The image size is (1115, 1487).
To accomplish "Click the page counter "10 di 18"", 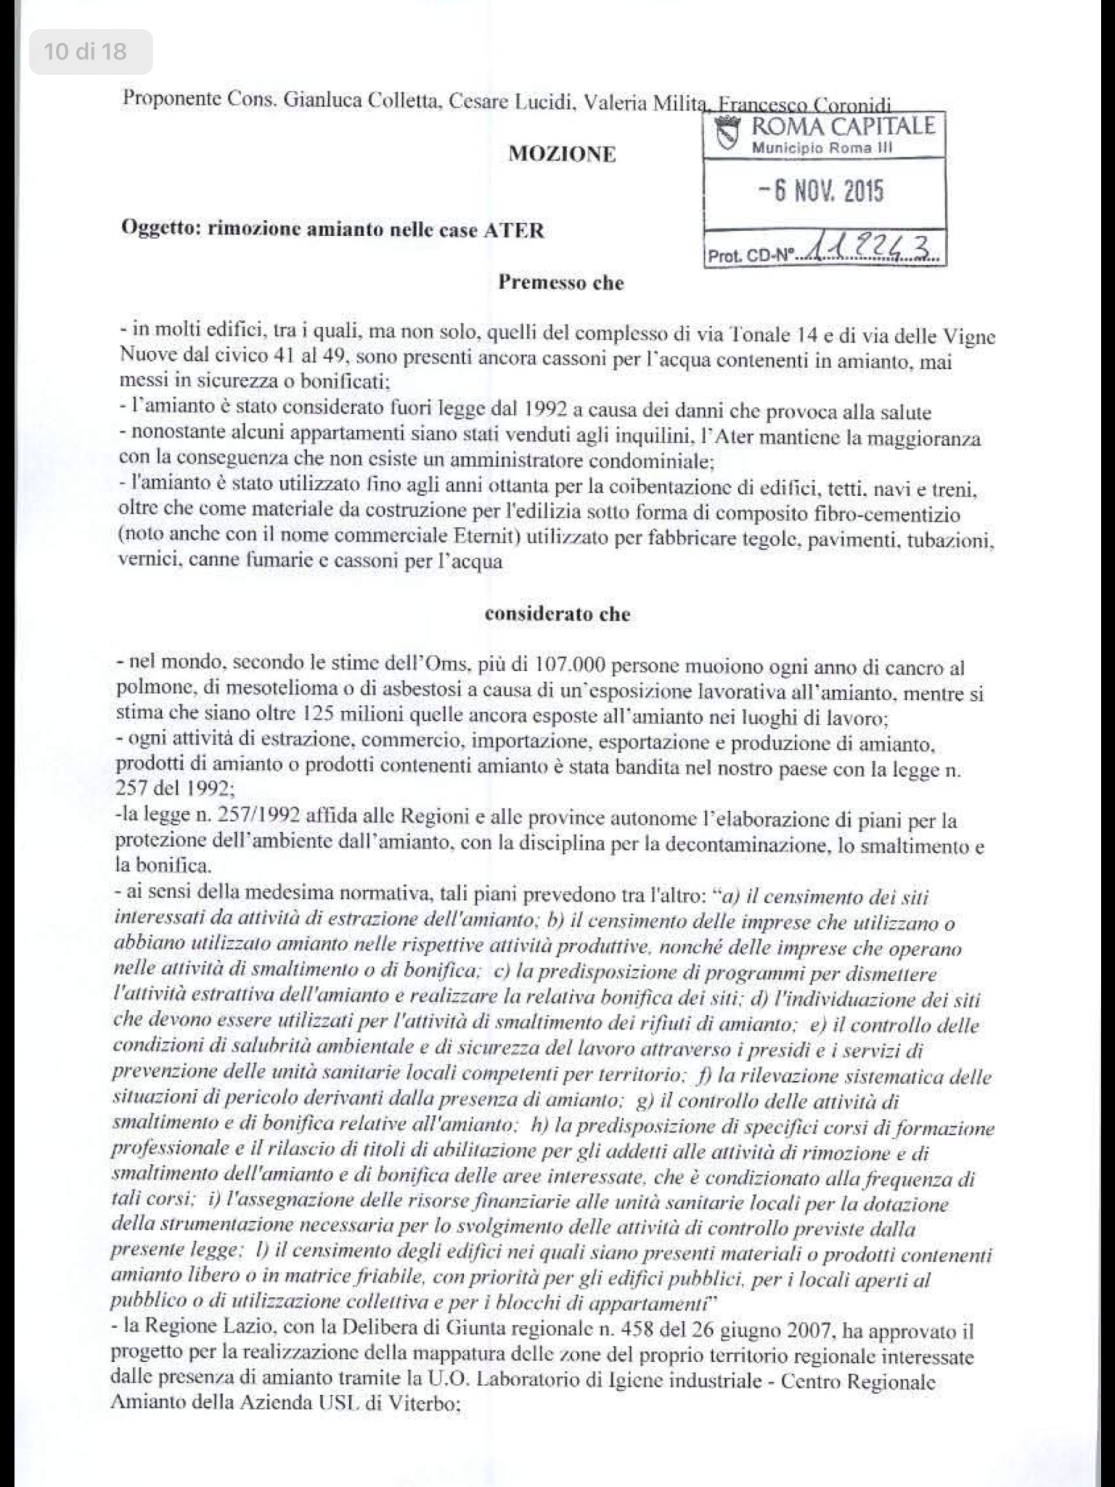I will [86, 52].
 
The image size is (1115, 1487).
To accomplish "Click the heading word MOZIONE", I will [562, 154].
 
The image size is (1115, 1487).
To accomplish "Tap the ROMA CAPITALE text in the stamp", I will [842, 126].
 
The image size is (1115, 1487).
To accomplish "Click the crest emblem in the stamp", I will [728, 134].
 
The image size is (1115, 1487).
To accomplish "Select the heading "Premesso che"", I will [560, 282].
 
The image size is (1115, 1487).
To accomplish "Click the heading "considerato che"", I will [557, 614].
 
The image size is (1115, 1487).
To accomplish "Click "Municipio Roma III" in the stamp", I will [822, 148].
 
